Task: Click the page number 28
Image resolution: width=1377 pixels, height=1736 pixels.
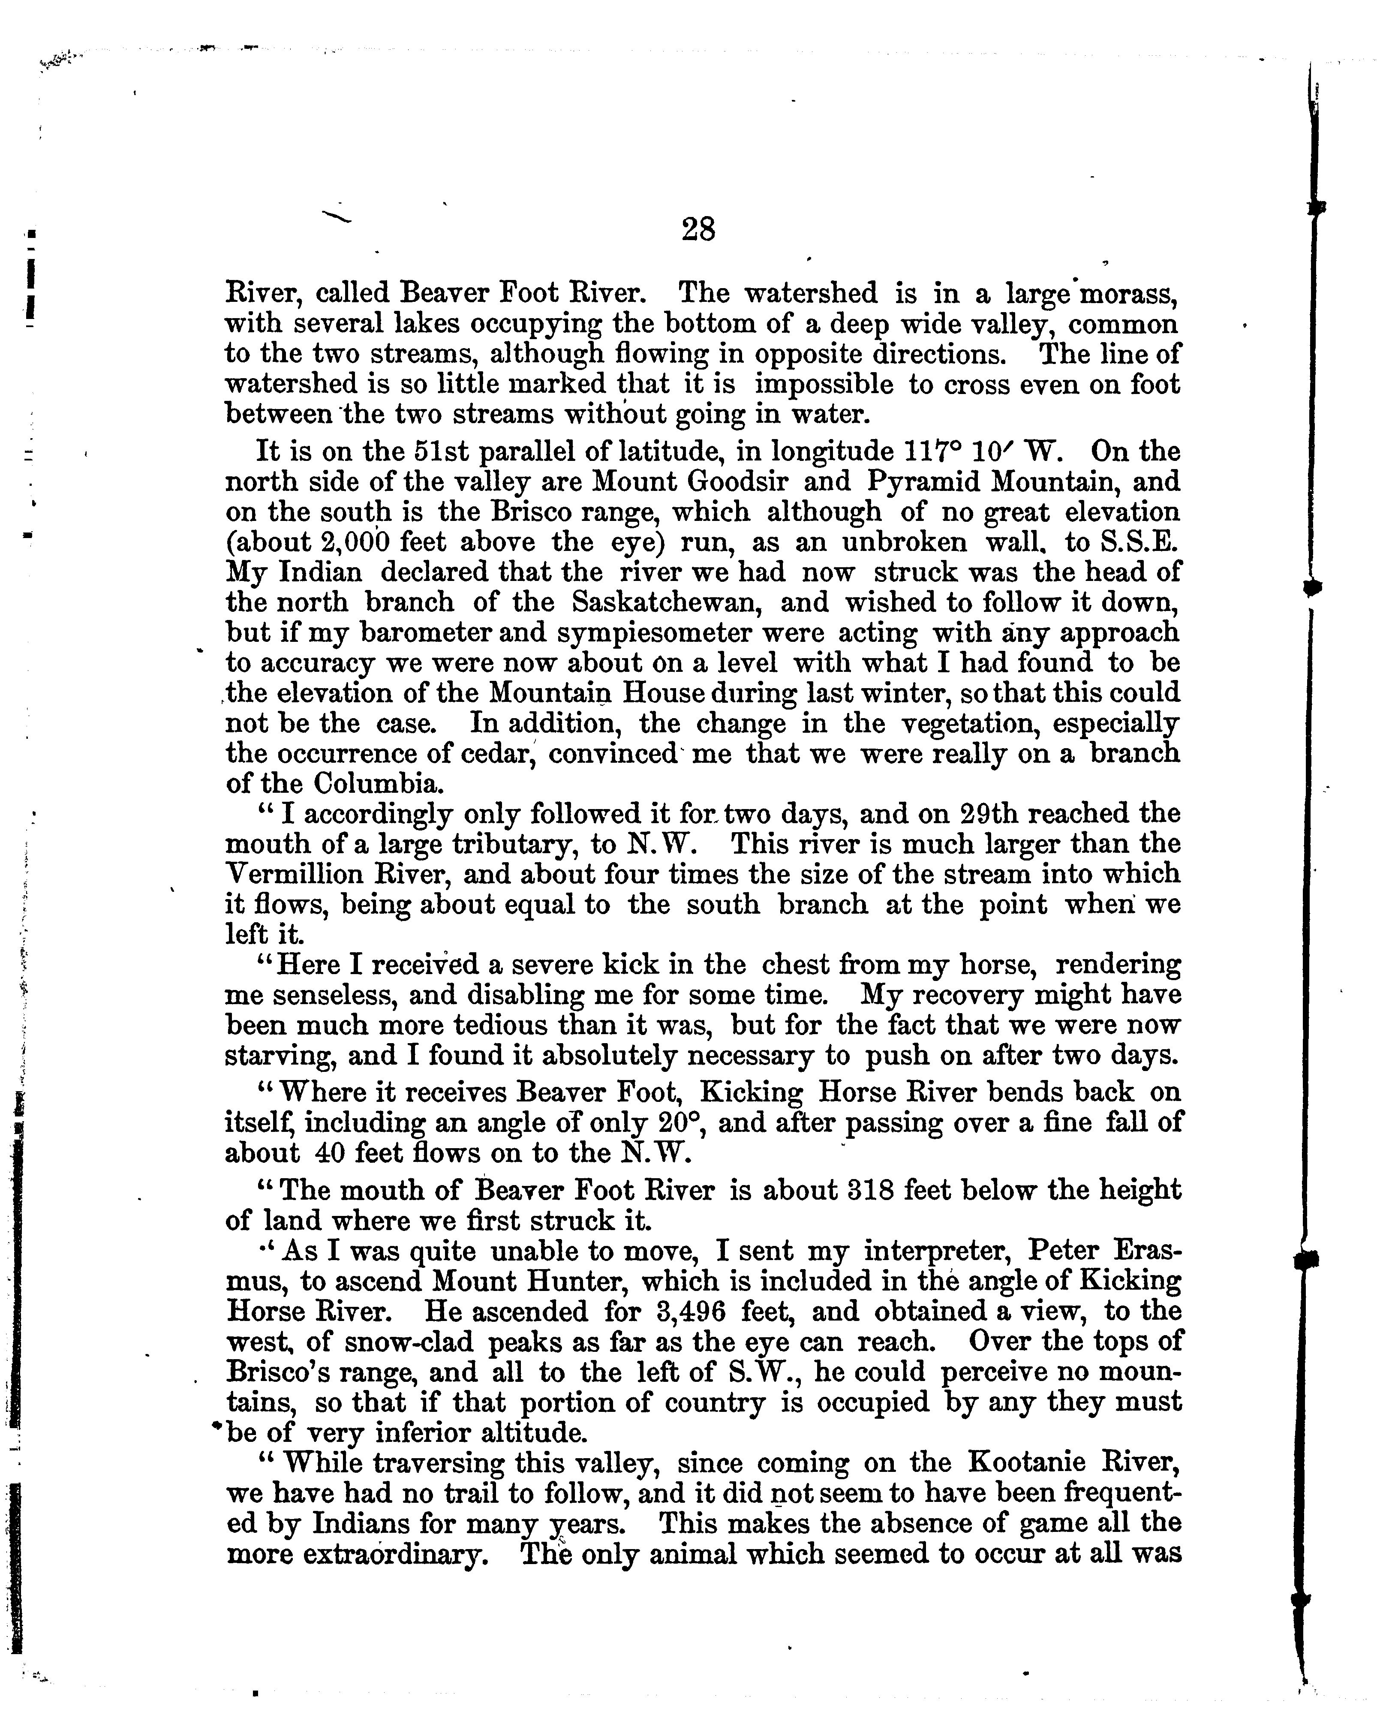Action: coord(698,229)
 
